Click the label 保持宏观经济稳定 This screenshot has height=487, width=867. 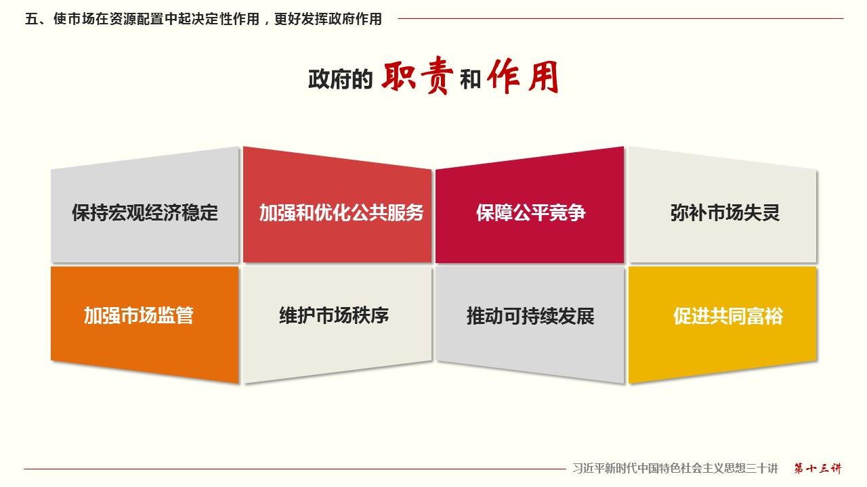(145, 212)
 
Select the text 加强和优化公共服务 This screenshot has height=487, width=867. (341, 212)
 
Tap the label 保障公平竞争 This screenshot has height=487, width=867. (530, 212)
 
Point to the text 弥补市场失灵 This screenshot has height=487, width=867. (725, 212)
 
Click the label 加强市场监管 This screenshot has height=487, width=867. (139, 315)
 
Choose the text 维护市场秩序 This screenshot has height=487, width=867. (334, 315)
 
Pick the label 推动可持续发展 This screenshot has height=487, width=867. (530, 316)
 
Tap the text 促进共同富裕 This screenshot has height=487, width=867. (728, 316)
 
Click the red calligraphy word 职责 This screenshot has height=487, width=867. (417, 75)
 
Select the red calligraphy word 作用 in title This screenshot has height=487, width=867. (523, 76)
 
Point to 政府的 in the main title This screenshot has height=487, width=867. (341, 79)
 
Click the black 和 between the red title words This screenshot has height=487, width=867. (470, 79)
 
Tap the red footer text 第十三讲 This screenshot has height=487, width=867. (818, 469)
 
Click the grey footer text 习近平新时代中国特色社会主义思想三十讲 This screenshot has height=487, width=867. (675, 469)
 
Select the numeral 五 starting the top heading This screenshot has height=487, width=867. (31, 18)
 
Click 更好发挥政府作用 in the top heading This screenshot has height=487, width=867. (329, 18)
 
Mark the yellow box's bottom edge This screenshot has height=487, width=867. (723, 372)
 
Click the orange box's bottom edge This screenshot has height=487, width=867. (145, 372)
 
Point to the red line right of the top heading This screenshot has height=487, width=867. (620, 18)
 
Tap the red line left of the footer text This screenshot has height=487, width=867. (295, 469)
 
